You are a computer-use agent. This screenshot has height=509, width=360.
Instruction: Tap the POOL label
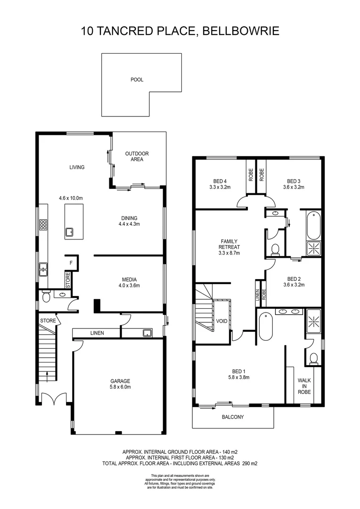pyautogui.click(x=137, y=80)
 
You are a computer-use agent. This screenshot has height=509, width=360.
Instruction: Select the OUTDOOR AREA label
pyautogui.click(x=137, y=156)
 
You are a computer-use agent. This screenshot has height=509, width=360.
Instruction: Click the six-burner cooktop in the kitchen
pyautogui.click(x=43, y=225)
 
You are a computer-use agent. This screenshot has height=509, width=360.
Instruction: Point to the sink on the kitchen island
pyautogui.click(x=69, y=232)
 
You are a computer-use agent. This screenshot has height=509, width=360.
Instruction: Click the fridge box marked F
pyautogui.click(x=71, y=263)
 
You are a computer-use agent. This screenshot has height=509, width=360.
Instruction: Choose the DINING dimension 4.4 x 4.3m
pyautogui.click(x=129, y=224)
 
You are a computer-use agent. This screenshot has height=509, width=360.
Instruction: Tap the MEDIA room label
pyautogui.click(x=129, y=279)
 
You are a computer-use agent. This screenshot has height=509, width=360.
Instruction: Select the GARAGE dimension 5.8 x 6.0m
pyautogui.click(x=120, y=387)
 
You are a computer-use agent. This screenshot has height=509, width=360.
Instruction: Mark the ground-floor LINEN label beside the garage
pyautogui.click(x=97, y=333)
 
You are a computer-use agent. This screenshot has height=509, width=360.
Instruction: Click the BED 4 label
pyautogui.click(x=220, y=181)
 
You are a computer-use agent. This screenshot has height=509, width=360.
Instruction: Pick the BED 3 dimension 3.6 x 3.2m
pyautogui.click(x=294, y=187)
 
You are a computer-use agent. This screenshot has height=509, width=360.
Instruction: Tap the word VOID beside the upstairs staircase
pyautogui.click(x=221, y=321)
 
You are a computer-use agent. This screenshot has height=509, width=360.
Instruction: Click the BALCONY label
pyautogui.click(x=232, y=417)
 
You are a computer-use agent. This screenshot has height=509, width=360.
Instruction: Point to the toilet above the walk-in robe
pyautogui.click(x=313, y=360)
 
